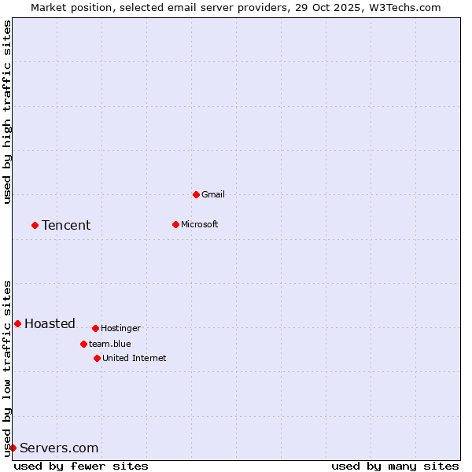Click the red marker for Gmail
(x=196, y=194)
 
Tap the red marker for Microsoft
(x=175, y=224)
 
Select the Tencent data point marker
(x=35, y=225)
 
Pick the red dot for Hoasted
(x=17, y=323)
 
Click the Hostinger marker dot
(x=95, y=328)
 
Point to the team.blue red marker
(x=83, y=344)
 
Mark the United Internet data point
(x=97, y=358)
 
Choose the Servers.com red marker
(x=13, y=448)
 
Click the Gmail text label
(x=213, y=194)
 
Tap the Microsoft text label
(x=200, y=224)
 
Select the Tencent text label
(x=66, y=225)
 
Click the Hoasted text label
(x=50, y=323)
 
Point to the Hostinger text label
(x=120, y=328)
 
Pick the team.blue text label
(x=110, y=344)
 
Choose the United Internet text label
(x=135, y=358)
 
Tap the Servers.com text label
(x=59, y=448)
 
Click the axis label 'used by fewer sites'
(x=81, y=466)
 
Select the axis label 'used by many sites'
(x=395, y=466)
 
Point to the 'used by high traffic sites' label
(x=7, y=112)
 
